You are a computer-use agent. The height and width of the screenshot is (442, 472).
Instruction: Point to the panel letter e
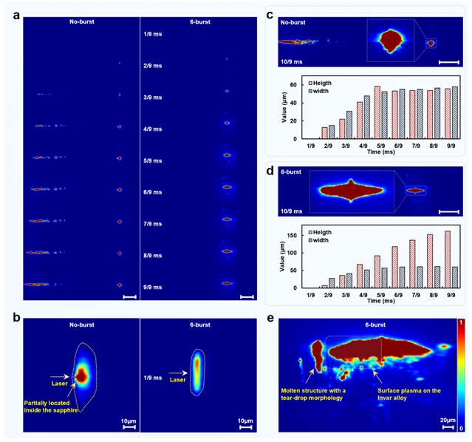point(271,321)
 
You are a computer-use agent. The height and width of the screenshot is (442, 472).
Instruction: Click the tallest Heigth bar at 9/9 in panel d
point(446,259)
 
